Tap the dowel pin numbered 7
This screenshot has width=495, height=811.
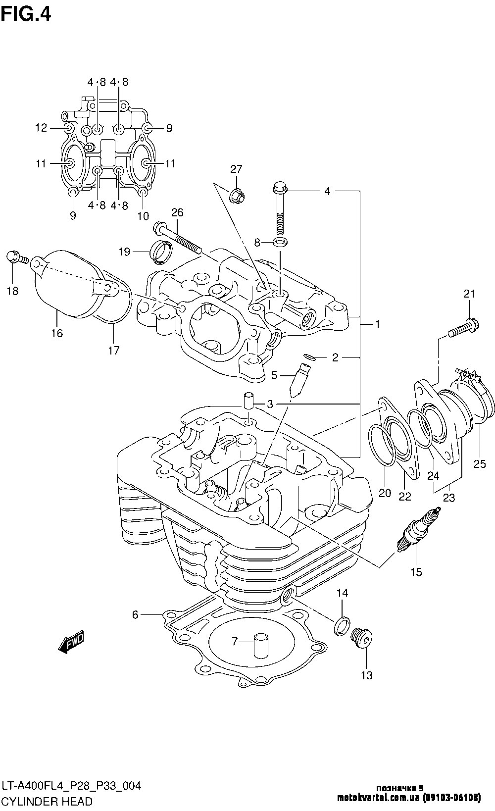click(260, 646)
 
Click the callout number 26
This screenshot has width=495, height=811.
click(177, 212)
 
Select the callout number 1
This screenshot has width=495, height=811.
click(377, 324)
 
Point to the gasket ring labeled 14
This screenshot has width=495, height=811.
click(342, 626)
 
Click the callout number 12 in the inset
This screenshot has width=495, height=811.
click(41, 128)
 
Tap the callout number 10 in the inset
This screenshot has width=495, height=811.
click(143, 216)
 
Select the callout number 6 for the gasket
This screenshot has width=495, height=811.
click(135, 615)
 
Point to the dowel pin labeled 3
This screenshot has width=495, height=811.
click(248, 401)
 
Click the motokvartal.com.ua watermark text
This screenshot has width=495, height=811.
click(409, 798)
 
